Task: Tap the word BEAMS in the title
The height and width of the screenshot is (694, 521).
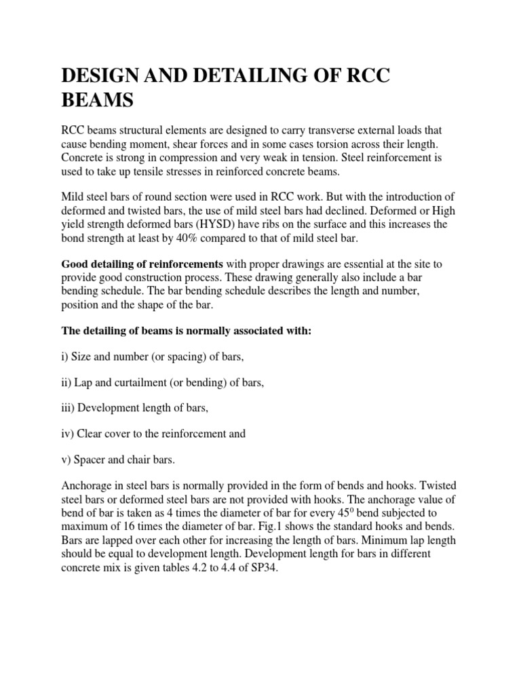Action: point(97,101)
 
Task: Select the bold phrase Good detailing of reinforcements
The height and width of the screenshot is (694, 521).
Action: point(141,263)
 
